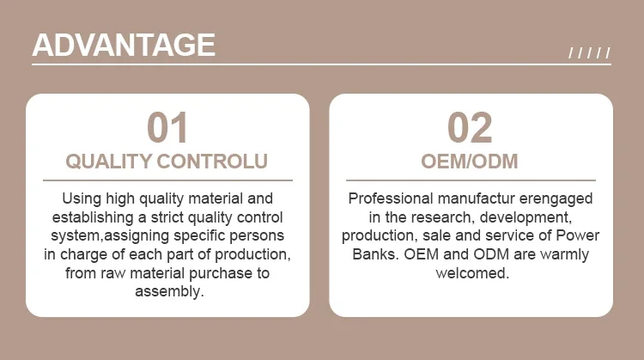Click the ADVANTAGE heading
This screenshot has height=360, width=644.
pos(124,45)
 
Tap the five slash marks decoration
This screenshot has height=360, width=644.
pos(589,53)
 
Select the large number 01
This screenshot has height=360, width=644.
pos(167,128)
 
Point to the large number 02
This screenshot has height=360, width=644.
pos(470,128)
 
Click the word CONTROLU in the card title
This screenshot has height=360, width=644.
pos(212,161)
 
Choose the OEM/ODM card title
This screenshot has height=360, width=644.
pos(470,161)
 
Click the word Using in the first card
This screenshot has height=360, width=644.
pos(82,199)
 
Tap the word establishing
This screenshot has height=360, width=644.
pos(93,217)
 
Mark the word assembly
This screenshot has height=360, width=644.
pos(170,292)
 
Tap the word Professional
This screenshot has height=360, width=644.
pos(391,198)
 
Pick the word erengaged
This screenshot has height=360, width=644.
pos(556,199)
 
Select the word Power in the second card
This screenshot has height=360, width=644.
pos(578,235)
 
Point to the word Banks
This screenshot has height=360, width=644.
pos(376,254)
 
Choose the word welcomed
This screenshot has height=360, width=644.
pos(472,273)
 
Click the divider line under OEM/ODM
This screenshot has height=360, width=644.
pos(471,180)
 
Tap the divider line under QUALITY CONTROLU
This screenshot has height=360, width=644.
pos(167,180)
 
